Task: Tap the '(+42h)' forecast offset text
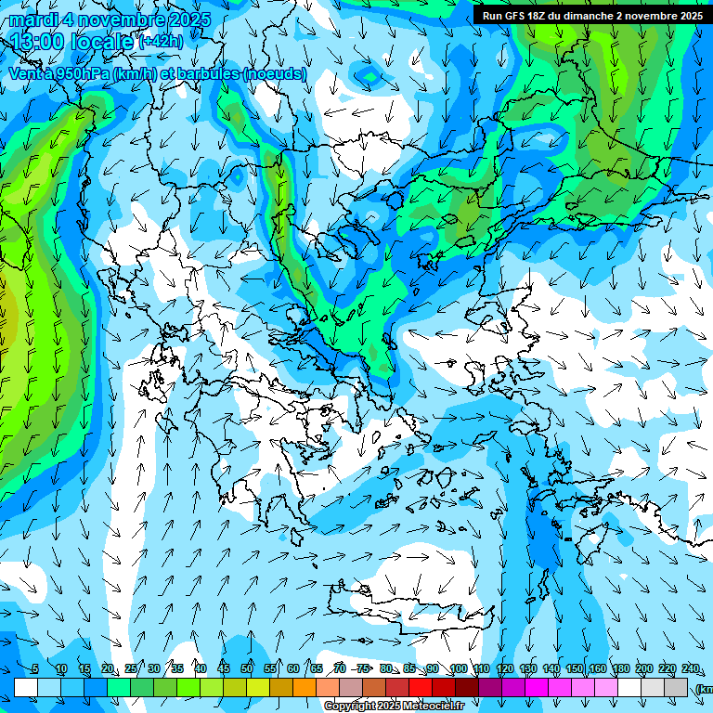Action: [x=161, y=42]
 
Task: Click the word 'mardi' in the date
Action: [x=29, y=19]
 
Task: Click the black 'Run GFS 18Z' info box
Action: [x=591, y=15]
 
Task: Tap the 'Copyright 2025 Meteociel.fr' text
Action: [x=394, y=707]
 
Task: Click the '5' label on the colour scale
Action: [x=34, y=668]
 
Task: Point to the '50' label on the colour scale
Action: [x=247, y=668]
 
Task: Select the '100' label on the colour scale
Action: [x=458, y=668]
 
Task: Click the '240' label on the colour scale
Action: [x=691, y=668]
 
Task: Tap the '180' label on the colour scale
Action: [x=620, y=668]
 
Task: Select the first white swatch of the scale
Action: [x=26, y=687]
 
